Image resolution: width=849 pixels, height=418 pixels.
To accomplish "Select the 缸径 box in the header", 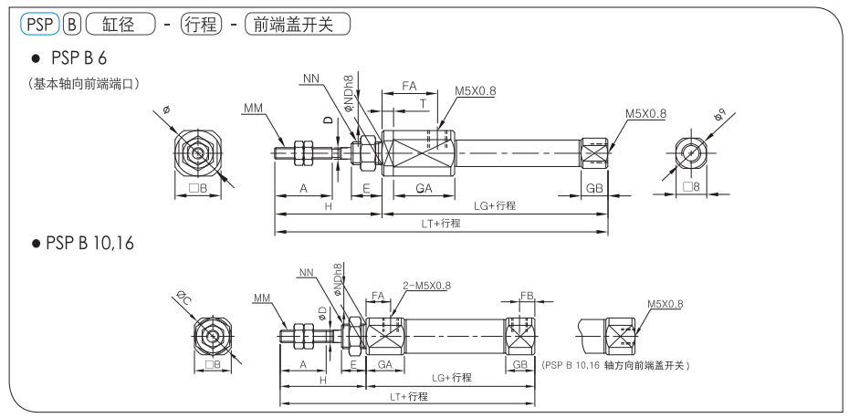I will pos(120,25).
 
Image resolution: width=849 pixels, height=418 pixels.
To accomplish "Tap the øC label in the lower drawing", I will pos(182,298).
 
